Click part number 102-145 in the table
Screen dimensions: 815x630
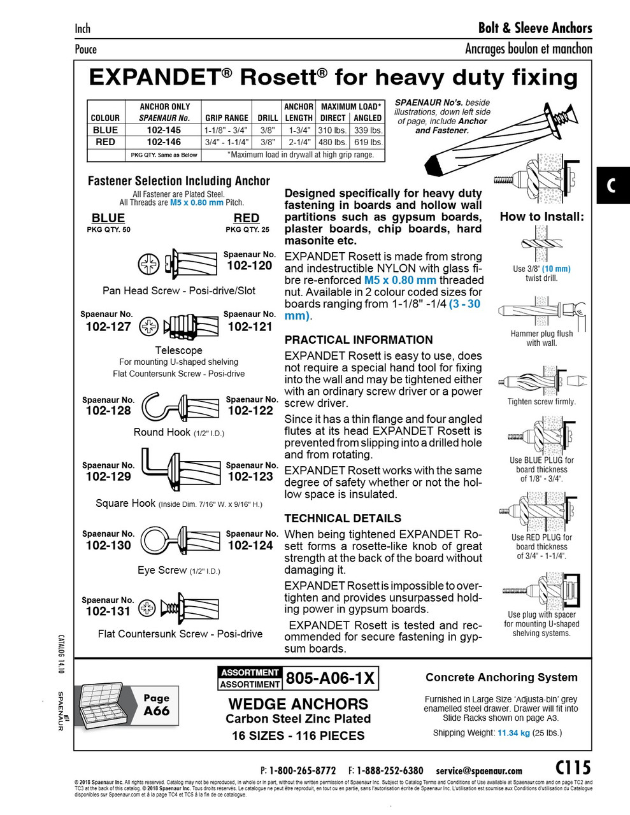(164, 130)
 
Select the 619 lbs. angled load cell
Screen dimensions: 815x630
(368, 142)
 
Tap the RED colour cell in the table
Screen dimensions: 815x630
(105, 142)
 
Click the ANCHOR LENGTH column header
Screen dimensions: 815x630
(298, 112)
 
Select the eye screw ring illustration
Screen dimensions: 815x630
(155, 540)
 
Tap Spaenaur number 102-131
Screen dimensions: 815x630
(108, 611)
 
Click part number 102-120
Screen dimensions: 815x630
(249, 266)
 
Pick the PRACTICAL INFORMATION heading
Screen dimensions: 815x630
(359, 340)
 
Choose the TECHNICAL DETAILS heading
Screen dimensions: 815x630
(343, 518)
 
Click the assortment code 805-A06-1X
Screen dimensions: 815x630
(330, 678)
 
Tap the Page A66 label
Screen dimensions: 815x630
(156, 705)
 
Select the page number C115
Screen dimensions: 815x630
(573, 767)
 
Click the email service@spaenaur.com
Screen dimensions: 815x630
(478, 770)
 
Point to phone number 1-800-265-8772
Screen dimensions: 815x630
(303, 770)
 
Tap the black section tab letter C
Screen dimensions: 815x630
(612, 185)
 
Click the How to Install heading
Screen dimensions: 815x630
(541, 216)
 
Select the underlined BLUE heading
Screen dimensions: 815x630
(108, 218)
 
